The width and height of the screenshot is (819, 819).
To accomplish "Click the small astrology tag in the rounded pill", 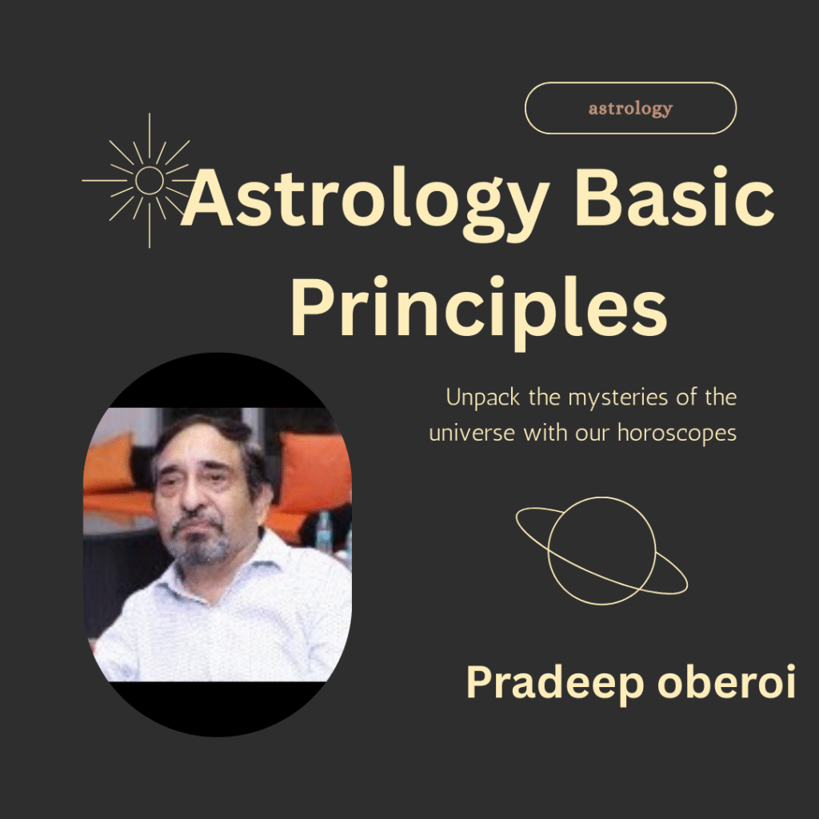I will click(630, 109).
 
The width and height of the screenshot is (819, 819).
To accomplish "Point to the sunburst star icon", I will click(150, 181).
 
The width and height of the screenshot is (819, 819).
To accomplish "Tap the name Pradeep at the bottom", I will click(545, 684).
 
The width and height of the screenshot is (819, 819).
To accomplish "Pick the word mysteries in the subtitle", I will click(606, 398).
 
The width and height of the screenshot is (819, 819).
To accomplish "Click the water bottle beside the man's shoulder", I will click(324, 532).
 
